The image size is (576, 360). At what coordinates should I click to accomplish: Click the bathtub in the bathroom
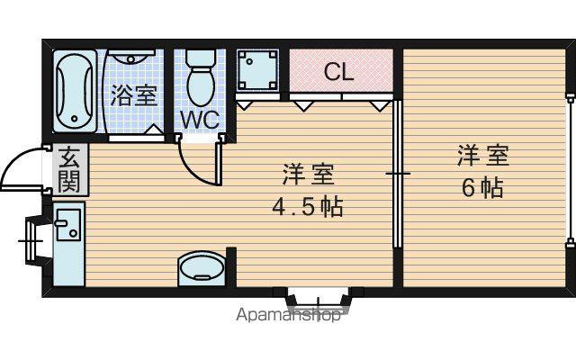click(75, 91)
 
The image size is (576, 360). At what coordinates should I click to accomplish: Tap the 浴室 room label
click(134, 95)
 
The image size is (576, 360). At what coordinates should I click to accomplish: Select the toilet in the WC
click(200, 78)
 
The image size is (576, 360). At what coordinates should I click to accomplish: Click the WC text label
click(200, 120)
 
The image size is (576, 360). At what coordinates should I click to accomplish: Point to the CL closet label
click(338, 72)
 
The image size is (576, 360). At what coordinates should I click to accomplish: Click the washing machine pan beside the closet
click(256, 70)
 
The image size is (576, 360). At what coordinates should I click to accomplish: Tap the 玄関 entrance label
click(69, 170)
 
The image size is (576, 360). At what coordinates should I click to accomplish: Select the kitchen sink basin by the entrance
click(67, 224)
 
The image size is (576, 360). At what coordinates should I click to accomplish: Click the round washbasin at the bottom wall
click(202, 267)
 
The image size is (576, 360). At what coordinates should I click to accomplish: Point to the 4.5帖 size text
click(308, 208)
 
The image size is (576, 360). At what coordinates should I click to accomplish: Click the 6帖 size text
click(482, 188)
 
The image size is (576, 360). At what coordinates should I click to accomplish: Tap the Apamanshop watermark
click(288, 315)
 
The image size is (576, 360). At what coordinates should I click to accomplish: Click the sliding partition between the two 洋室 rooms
click(397, 174)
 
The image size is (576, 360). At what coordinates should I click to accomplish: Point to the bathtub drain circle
click(75, 119)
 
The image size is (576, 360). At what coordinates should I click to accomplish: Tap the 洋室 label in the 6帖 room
click(483, 156)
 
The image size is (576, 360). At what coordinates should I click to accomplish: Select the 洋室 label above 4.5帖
click(308, 175)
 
